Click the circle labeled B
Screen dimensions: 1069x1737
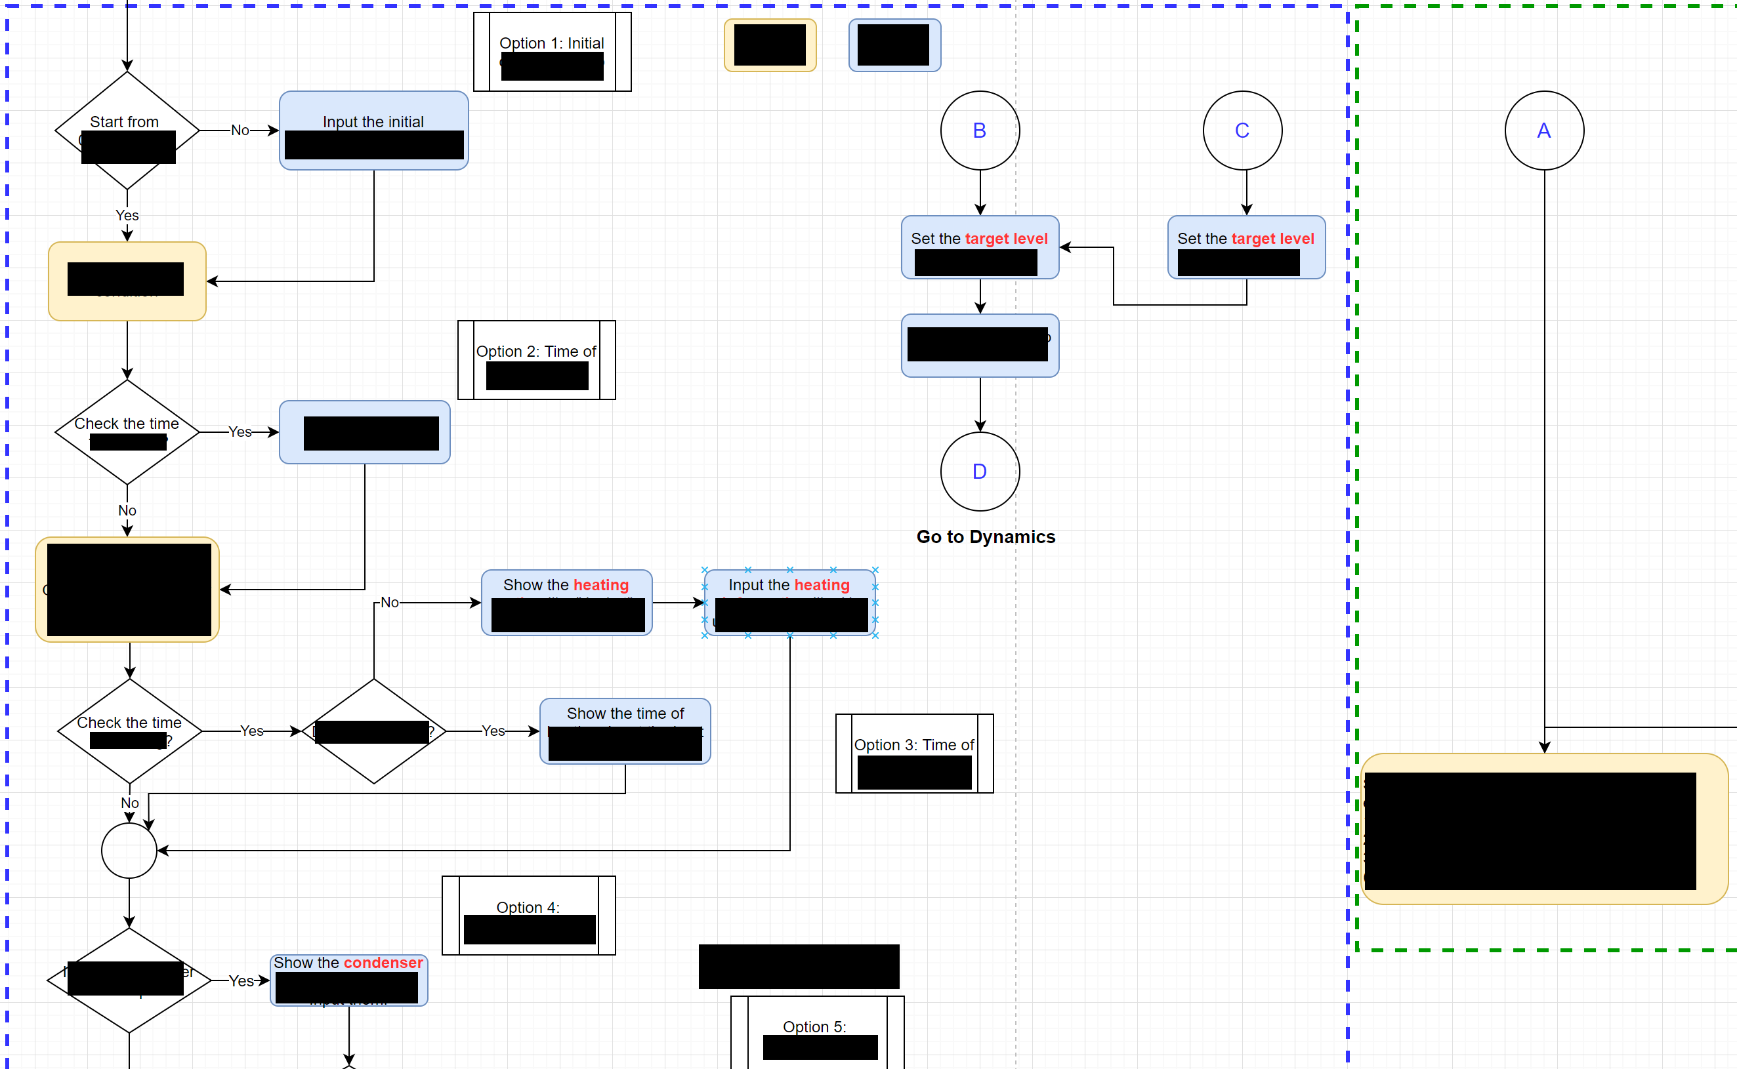tap(980, 131)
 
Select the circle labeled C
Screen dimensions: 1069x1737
tap(1242, 131)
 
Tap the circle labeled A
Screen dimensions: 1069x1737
tap(1544, 131)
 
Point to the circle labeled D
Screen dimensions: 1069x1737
tap(980, 472)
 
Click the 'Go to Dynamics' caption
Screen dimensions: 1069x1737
tap(985, 537)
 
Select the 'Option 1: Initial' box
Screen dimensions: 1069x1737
tap(552, 52)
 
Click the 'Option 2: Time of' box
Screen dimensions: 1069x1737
tap(536, 360)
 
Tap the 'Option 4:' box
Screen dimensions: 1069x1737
tap(528, 915)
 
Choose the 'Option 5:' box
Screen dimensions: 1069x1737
tap(817, 1032)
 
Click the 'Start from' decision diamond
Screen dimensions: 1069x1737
tap(127, 130)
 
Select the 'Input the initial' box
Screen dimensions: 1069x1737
tap(373, 130)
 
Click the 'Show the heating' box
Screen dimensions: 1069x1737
tap(566, 602)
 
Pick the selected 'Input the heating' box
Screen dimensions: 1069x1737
tap(789, 602)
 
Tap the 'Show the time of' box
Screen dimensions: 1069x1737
tap(625, 731)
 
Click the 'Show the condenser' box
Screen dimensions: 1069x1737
tap(348, 980)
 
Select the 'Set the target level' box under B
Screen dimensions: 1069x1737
tap(980, 247)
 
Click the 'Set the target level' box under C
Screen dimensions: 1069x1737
tap(1245, 247)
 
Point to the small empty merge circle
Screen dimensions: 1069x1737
tap(129, 851)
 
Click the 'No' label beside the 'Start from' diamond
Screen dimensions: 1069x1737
tap(240, 131)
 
